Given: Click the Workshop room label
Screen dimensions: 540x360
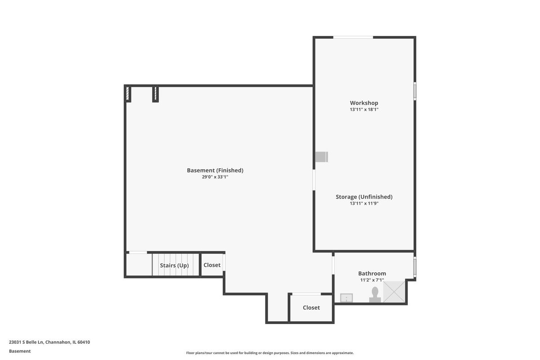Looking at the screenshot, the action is pos(364,103).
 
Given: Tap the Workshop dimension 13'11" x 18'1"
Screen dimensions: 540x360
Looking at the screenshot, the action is pos(364,109).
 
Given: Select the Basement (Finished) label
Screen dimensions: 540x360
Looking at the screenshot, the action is pos(215,171).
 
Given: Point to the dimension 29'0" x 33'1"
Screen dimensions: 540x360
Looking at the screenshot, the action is pos(215,177).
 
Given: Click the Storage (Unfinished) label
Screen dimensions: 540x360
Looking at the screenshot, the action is pos(364,197).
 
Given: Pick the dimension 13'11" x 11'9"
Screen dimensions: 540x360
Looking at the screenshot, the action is pos(364,203).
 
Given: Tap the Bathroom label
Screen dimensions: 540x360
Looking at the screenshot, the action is pos(372,274).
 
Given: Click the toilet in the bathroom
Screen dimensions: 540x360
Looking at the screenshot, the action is pos(375,295).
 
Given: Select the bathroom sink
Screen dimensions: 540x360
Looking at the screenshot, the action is pos(346,298).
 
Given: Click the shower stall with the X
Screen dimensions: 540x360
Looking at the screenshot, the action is pos(394,292).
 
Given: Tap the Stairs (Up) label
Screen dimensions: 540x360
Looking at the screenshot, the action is pos(174,265).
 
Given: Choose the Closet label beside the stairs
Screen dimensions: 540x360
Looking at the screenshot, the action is pos(212,265).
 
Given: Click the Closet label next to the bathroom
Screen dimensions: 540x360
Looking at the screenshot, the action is pos(311,308).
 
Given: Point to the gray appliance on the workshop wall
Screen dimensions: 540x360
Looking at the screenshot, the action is pos(322,157).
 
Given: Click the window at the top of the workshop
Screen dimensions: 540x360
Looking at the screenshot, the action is pos(353,37).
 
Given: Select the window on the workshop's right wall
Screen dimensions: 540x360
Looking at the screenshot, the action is pos(415,91).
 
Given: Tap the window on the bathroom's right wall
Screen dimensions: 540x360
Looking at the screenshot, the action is pos(415,267).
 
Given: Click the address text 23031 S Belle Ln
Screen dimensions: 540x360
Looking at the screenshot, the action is pos(26,342).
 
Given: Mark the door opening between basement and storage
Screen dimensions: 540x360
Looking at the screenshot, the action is pos(314,180).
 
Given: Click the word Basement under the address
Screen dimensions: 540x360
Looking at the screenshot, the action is pos(20,351).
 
